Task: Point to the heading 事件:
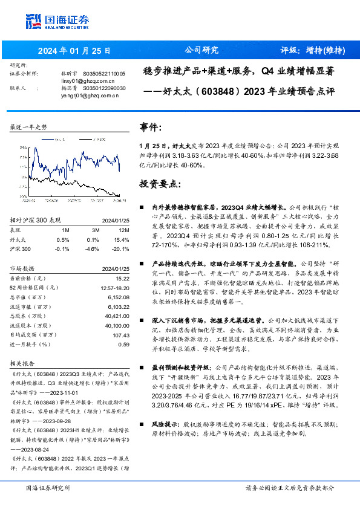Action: point(151,128)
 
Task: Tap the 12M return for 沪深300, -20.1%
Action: point(120,248)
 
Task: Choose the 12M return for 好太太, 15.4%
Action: point(122,239)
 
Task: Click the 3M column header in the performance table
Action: point(94,230)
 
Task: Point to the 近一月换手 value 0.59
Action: point(123,344)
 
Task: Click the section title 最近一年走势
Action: point(28,127)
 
